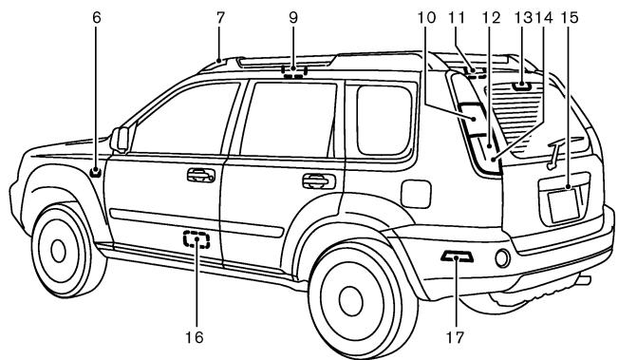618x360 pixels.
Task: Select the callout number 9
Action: click(x=293, y=16)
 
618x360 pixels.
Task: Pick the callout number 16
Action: click(x=197, y=335)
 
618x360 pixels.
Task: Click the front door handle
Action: click(x=200, y=174)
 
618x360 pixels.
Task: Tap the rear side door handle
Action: click(x=312, y=180)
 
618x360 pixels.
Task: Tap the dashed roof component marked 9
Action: click(x=295, y=69)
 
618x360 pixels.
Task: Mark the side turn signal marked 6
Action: click(x=96, y=171)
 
